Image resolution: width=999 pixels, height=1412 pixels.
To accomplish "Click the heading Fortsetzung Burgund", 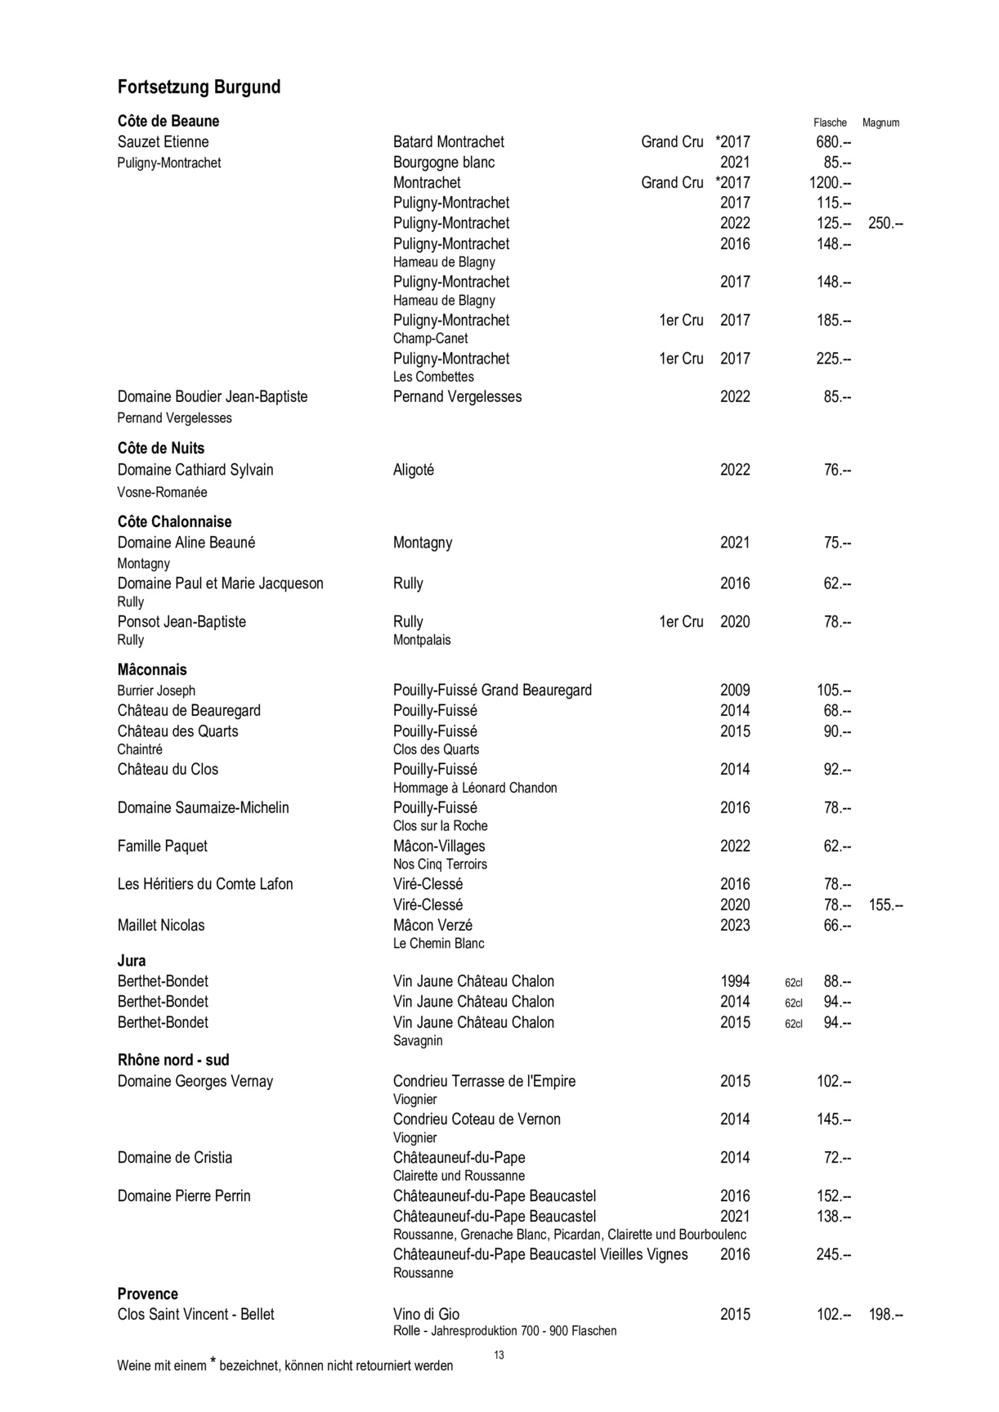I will [x=199, y=87].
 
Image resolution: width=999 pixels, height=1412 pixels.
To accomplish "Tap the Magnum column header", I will [x=880, y=123].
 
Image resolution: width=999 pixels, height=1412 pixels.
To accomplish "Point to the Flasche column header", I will [x=830, y=123].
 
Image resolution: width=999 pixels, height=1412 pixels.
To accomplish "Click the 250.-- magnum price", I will [x=885, y=223].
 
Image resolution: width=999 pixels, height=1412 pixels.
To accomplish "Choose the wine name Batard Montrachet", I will [x=449, y=142].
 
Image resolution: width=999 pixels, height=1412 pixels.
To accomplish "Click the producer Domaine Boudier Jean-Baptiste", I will [x=213, y=397].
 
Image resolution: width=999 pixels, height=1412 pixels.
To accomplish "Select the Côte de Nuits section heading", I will [x=161, y=449].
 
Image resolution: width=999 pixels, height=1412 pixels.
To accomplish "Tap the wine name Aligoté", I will [x=414, y=470].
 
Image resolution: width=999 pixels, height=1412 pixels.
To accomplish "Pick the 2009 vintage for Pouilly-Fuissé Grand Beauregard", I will [x=735, y=690].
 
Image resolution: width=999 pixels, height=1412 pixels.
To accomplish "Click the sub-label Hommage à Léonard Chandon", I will [x=475, y=788].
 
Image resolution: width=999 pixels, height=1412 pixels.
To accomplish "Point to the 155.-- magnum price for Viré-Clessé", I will [x=885, y=905].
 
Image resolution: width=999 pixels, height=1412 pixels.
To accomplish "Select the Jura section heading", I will [x=132, y=961].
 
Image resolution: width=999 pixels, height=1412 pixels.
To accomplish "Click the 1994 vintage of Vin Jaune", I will [x=735, y=981].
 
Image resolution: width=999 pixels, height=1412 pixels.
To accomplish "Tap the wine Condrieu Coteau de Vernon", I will [x=477, y=1119].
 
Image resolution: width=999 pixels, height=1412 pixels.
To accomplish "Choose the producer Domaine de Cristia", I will [x=175, y=1158].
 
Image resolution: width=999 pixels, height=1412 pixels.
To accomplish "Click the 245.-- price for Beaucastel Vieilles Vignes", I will [x=833, y=1254].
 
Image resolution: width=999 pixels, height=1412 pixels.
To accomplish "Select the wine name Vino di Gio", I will [x=426, y=1314].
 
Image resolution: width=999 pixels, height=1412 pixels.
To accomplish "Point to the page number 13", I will [x=500, y=1355].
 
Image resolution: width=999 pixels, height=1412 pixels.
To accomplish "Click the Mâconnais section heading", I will [x=152, y=670].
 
